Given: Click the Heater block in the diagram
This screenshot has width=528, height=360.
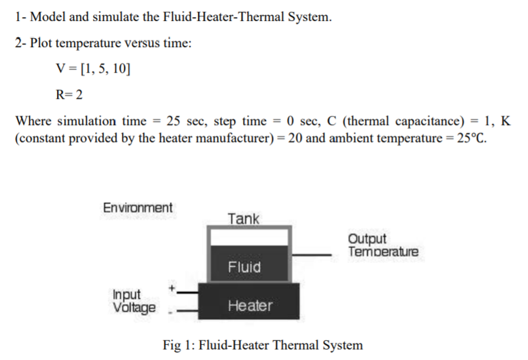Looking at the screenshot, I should [250, 304].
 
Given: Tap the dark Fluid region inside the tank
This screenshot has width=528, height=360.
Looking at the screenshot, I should [244, 266].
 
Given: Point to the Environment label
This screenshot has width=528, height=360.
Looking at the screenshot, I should [138, 208].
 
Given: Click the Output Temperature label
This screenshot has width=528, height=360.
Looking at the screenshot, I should [383, 245].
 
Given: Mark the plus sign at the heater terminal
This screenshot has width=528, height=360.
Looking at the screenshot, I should [172, 287].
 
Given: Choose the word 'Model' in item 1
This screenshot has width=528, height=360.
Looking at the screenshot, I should [44, 17].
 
